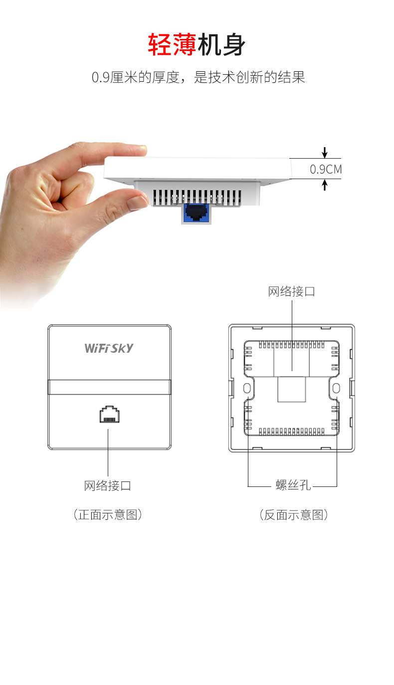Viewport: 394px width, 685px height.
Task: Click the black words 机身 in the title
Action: (221, 45)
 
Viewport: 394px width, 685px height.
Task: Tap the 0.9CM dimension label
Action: (326, 169)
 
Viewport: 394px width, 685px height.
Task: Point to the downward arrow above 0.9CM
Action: (325, 152)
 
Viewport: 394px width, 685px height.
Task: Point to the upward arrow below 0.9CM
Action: (325, 185)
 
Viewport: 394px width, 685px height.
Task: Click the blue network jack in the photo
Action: (196, 213)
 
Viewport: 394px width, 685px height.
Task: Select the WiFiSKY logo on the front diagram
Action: (109, 348)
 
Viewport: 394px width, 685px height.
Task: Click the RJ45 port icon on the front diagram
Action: (109, 415)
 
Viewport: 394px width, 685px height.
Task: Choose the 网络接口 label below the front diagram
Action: (108, 485)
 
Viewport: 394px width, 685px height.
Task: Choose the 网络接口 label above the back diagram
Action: (292, 292)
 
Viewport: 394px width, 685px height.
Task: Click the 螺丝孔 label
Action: (293, 485)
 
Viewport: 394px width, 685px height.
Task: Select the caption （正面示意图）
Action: (108, 515)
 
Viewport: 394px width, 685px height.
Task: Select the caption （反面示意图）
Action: (293, 515)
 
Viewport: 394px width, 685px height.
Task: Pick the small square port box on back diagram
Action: (292, 389)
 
